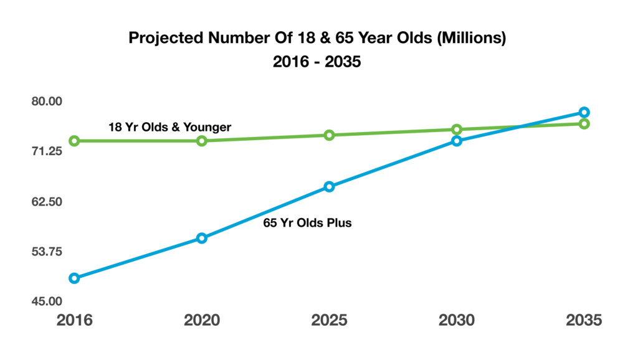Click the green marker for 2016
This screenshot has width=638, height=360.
[74, 141]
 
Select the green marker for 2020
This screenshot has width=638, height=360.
[202, 141]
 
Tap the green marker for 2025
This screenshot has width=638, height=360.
[329, 135]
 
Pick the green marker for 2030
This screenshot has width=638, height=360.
[457, 130]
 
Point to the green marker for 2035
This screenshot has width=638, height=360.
[584, 124]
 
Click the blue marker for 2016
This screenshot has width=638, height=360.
[74, 278]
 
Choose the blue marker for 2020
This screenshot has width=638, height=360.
[202, 239]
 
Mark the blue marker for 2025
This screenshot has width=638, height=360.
[329, 187]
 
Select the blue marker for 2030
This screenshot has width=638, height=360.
[457, 141]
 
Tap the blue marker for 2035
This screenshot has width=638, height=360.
[584, 112]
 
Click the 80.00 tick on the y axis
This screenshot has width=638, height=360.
[47, 102]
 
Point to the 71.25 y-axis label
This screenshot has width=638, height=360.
[47, 151]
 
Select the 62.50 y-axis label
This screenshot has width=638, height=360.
[47, 202]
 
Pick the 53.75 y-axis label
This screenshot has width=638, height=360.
[47, 252]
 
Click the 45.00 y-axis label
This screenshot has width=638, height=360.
[47, 301]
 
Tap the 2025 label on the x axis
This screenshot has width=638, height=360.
[329, 321]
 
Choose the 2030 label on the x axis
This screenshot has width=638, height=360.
[457, 321]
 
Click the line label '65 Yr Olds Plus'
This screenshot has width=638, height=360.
[307, 223]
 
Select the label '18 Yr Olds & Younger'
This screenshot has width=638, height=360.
[169, 127]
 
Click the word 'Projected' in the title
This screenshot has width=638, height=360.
[166, 38]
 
